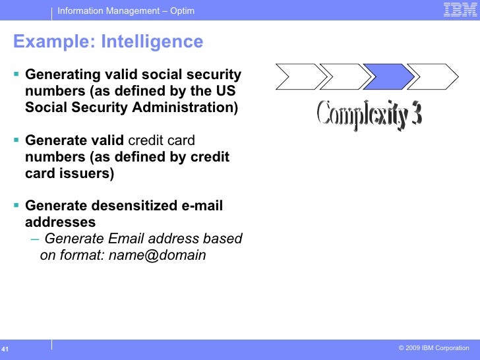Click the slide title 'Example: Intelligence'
[x=108, y=42]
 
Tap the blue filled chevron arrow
[x=388, y=76]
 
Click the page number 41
[x=5, y=349]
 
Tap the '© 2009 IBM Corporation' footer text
[x=434, y=348]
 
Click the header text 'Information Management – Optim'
[x=125, y=11]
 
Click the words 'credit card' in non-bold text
[x=161, y=140]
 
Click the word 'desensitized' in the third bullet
[x=136, y=206]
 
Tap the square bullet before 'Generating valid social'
[x=16, y=75]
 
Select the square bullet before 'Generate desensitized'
[x=16, y=206]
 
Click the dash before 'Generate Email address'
[x=34, y=239]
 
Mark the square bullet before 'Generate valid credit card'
[x=16, y=140]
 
